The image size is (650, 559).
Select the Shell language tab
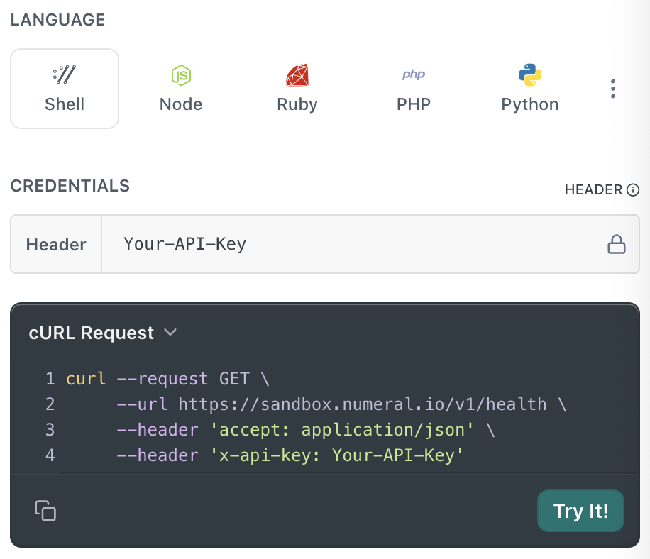pos(65,89)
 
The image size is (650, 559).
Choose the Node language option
pos(181,89)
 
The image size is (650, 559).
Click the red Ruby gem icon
pos(297,75)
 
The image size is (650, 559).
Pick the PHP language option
pos(413,89)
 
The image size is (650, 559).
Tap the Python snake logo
pos(530,74)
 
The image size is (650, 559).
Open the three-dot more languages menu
pos(612,89)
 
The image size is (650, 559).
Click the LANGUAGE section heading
pos(57,20)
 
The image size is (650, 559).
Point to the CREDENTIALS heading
pos(70,186)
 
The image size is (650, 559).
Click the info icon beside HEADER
pos(632,190)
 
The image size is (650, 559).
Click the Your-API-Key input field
pos(353,244)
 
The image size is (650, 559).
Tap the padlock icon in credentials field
pos(617,244)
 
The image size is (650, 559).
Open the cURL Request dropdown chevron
pos(170,332)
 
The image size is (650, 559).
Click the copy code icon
pos(45,511)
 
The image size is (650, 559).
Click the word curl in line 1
pos(86,379)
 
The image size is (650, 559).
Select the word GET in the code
pos(234,379)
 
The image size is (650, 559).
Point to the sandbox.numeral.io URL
pos(363,404)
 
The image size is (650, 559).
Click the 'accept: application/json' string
pos(342,430)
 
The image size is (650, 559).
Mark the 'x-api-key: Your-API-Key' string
pos(336,455)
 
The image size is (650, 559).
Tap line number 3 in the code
pos(50,430)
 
